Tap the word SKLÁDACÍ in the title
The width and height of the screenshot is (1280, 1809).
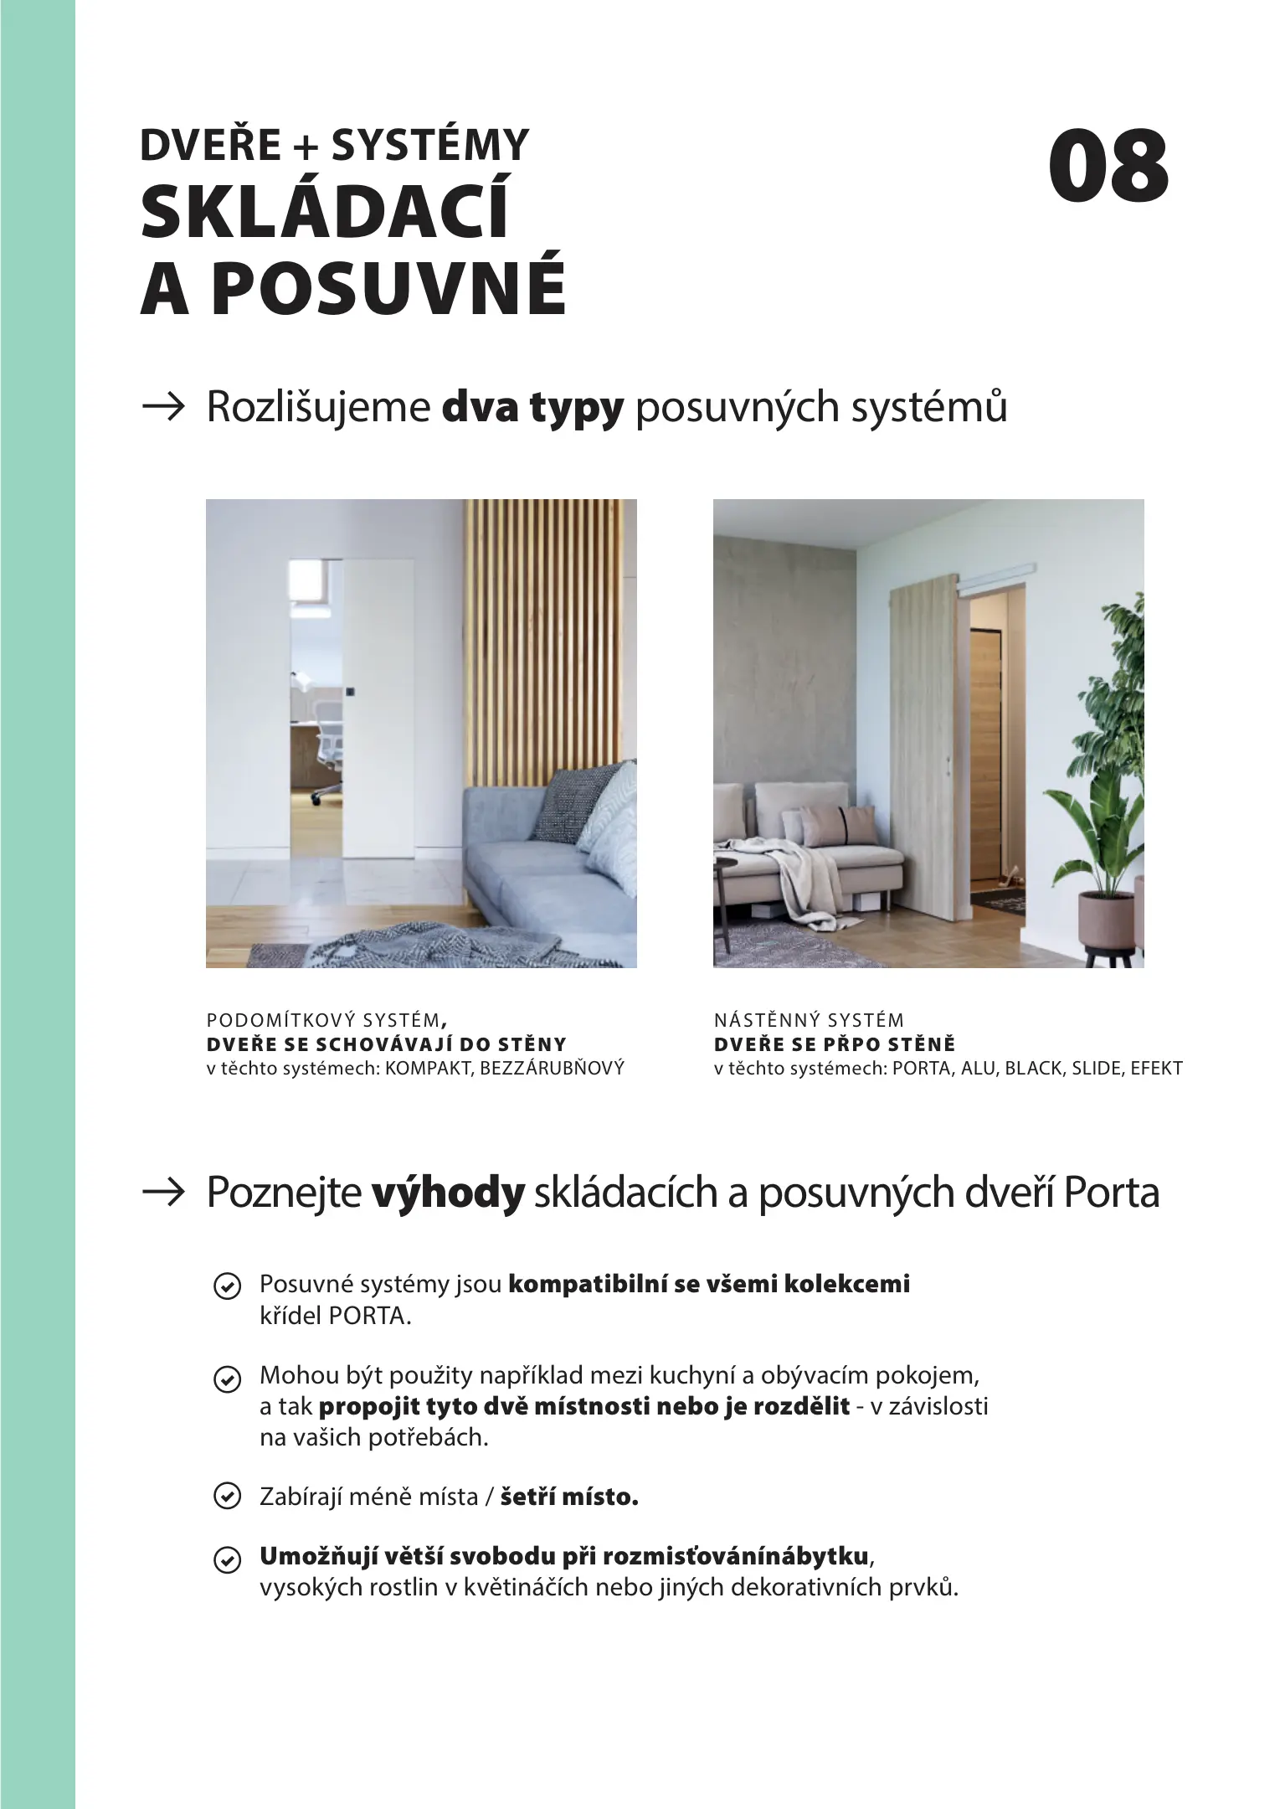tap(325, 214)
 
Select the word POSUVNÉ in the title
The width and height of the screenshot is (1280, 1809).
tap(388, 289)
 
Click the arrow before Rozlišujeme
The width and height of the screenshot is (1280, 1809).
tap(163, 408)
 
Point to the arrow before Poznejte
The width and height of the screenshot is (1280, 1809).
tap(163, 1193)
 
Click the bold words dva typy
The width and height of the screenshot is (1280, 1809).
tap(532, 408)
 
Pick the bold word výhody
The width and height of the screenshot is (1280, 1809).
tap(447, 1193)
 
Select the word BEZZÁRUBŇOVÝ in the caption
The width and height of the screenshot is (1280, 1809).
tap(552, 1069)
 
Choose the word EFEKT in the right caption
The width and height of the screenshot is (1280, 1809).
tap(1156, 1069)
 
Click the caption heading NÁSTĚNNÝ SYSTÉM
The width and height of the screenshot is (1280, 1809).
tap(809, 1020)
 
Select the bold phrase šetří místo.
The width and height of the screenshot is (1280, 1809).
tap(569, 1497)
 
